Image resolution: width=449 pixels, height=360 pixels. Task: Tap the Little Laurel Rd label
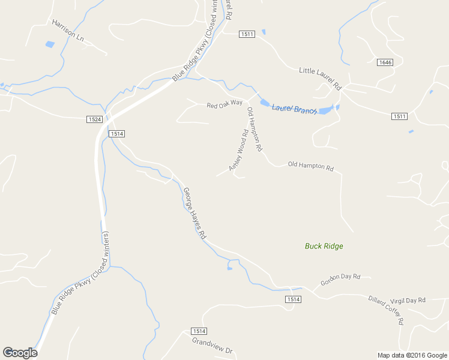point(319,79)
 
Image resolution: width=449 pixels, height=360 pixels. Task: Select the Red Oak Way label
point(224,104)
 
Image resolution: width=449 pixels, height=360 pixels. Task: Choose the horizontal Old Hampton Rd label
point(310,166)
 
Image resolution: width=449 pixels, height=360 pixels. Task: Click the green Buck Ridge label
point(324,246)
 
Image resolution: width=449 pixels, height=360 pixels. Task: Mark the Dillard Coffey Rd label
point(386,309)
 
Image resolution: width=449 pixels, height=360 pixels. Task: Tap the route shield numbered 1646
point(385,62)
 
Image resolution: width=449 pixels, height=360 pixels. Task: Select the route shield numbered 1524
point(94,119)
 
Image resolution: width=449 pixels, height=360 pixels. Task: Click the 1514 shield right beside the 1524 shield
point(117,134)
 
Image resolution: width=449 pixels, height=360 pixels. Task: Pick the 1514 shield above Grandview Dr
point(199,331)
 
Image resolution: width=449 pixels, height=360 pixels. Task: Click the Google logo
point(20,353)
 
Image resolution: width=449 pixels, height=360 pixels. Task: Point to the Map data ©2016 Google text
point(412,355)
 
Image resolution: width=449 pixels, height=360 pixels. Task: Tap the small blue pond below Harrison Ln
point(50,44)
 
